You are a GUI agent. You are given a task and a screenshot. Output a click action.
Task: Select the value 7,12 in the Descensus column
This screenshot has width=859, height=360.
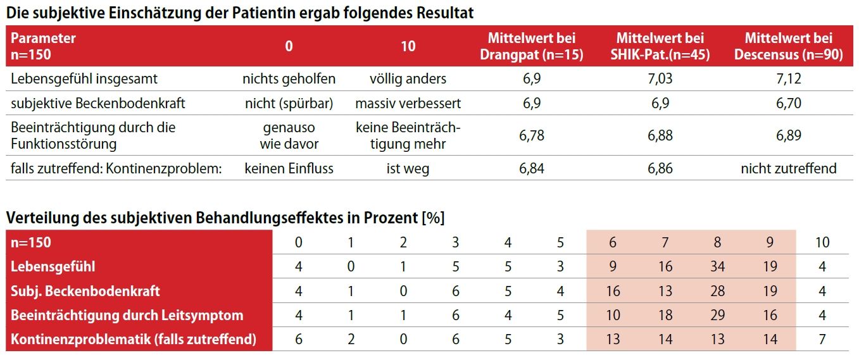(788, 79)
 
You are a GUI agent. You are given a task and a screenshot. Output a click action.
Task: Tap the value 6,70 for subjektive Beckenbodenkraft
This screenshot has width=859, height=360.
(788, 103)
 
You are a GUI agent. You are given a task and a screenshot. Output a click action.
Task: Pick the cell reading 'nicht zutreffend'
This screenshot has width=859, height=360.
(788, 168)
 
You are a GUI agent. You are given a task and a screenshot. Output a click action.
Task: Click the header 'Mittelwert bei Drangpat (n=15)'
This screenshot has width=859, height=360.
(531, 46)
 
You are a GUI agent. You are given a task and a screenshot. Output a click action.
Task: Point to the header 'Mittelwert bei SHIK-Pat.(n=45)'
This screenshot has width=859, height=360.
(660, 46)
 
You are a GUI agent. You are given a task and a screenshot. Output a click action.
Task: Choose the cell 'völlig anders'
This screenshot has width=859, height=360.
(408, 79)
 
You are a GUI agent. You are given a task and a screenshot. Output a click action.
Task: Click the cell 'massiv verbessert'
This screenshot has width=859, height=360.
(408, 103)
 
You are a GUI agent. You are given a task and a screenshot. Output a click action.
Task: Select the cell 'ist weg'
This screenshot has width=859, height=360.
(408, 168)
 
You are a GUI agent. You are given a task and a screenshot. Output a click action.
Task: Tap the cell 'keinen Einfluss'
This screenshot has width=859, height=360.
(289, 168)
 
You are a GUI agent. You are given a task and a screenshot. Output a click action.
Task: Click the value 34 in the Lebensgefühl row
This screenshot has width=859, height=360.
(717, 267)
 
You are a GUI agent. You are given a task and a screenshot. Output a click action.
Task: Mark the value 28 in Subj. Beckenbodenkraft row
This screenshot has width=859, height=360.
(717, 291)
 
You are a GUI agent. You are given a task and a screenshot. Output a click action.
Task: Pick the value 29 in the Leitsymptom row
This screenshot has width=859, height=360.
(717, 315)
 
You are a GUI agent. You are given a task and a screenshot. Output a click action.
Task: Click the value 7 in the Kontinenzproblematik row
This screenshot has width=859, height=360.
(822, 339)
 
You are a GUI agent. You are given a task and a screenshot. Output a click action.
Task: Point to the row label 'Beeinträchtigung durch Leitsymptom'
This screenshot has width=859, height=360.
(127, 315)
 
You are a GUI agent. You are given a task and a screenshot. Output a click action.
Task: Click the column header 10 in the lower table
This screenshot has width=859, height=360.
(822, 242)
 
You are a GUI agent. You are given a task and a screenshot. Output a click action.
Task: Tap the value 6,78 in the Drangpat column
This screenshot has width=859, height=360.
(531, 135)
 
